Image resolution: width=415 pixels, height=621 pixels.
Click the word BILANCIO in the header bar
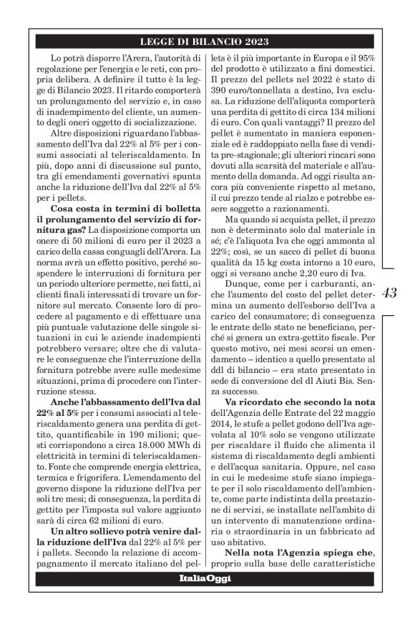pos(215,41)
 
